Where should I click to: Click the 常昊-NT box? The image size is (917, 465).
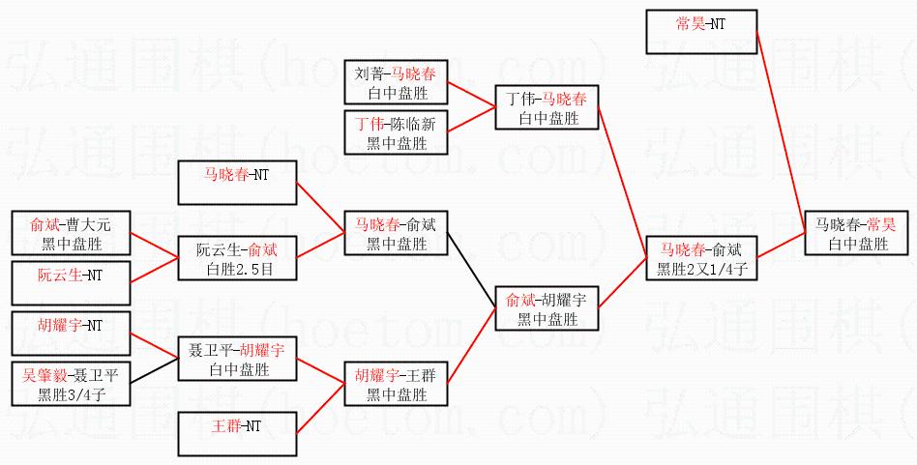click(x=700, y=31)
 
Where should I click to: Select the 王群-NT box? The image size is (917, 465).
click(x=236, y=433)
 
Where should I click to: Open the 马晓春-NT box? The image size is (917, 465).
click(x=236, y=183)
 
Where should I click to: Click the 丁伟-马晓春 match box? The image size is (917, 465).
click(x=547, y=108)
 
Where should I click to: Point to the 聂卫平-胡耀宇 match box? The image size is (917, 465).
click(x=236, y=360)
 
